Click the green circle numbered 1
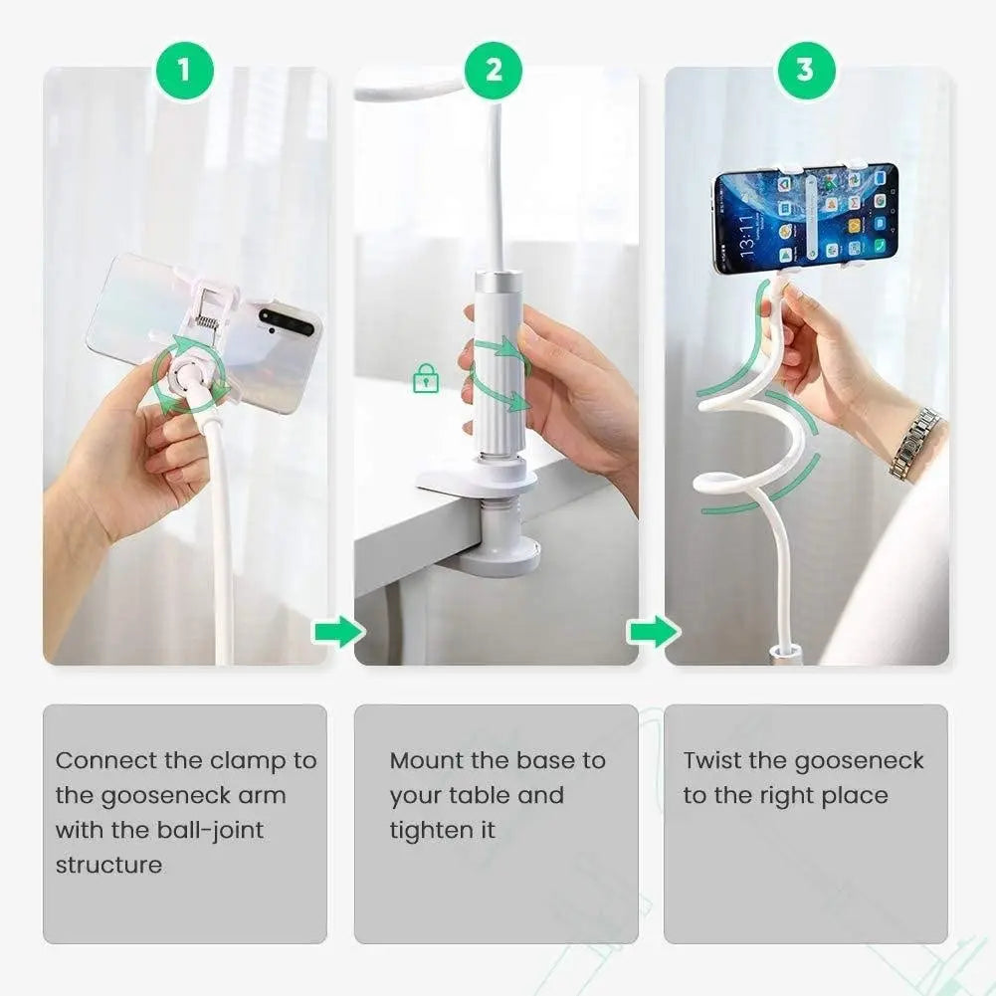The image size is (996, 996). point(183,70)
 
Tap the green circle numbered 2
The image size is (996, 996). point(495,70)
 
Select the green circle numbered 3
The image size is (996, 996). point(805,70)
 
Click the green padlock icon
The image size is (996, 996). point(426,378)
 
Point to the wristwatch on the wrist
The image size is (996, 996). point(914,443)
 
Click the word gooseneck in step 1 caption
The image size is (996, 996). point(145,796)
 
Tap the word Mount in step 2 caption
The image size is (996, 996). point(426,761)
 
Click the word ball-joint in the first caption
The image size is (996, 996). point(209,830)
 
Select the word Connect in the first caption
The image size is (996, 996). point(106,761)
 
